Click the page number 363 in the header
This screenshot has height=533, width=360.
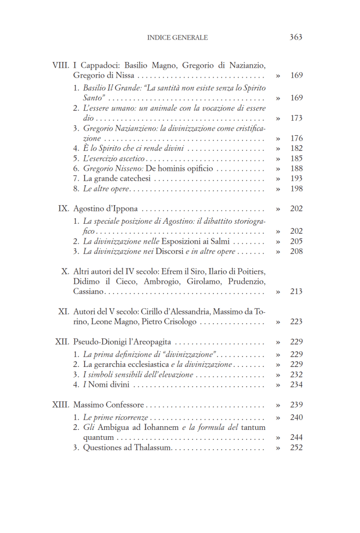click(x=295, y=37)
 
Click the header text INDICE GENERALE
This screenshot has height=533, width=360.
click(x=178, y=37)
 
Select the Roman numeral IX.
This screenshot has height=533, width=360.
click(x=63, y=209)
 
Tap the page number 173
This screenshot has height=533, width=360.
click(x=296, y=118)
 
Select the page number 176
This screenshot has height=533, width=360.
click(x=296, y=138)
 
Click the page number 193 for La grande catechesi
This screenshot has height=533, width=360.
click(x=296, y=179)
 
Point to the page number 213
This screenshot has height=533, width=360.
click(x=296, y=291)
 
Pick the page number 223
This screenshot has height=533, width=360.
click(x=296, y=322)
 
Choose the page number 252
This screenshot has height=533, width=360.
click(x=296, y=448)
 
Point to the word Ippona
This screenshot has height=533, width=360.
click(x=123, y=209)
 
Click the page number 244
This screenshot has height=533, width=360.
click(x=296, y=438)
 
